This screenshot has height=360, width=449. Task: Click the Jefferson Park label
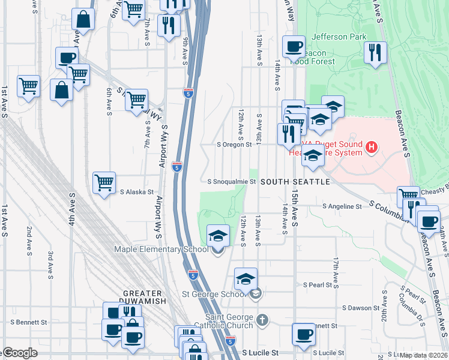339,37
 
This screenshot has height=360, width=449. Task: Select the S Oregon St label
234,145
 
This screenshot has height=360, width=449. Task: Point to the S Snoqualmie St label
232,181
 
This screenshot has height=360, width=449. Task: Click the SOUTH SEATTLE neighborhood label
295,181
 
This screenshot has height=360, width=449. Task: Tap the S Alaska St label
137,192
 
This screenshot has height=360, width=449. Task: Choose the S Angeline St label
342,206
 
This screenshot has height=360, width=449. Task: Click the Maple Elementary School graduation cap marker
218,235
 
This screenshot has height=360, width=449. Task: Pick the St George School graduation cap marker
246,278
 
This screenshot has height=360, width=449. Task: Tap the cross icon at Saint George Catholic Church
262,319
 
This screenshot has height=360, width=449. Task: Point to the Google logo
20,353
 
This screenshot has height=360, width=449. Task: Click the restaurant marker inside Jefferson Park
375,52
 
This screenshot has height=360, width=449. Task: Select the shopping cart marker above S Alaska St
104,182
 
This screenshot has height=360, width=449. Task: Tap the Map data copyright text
423,355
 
